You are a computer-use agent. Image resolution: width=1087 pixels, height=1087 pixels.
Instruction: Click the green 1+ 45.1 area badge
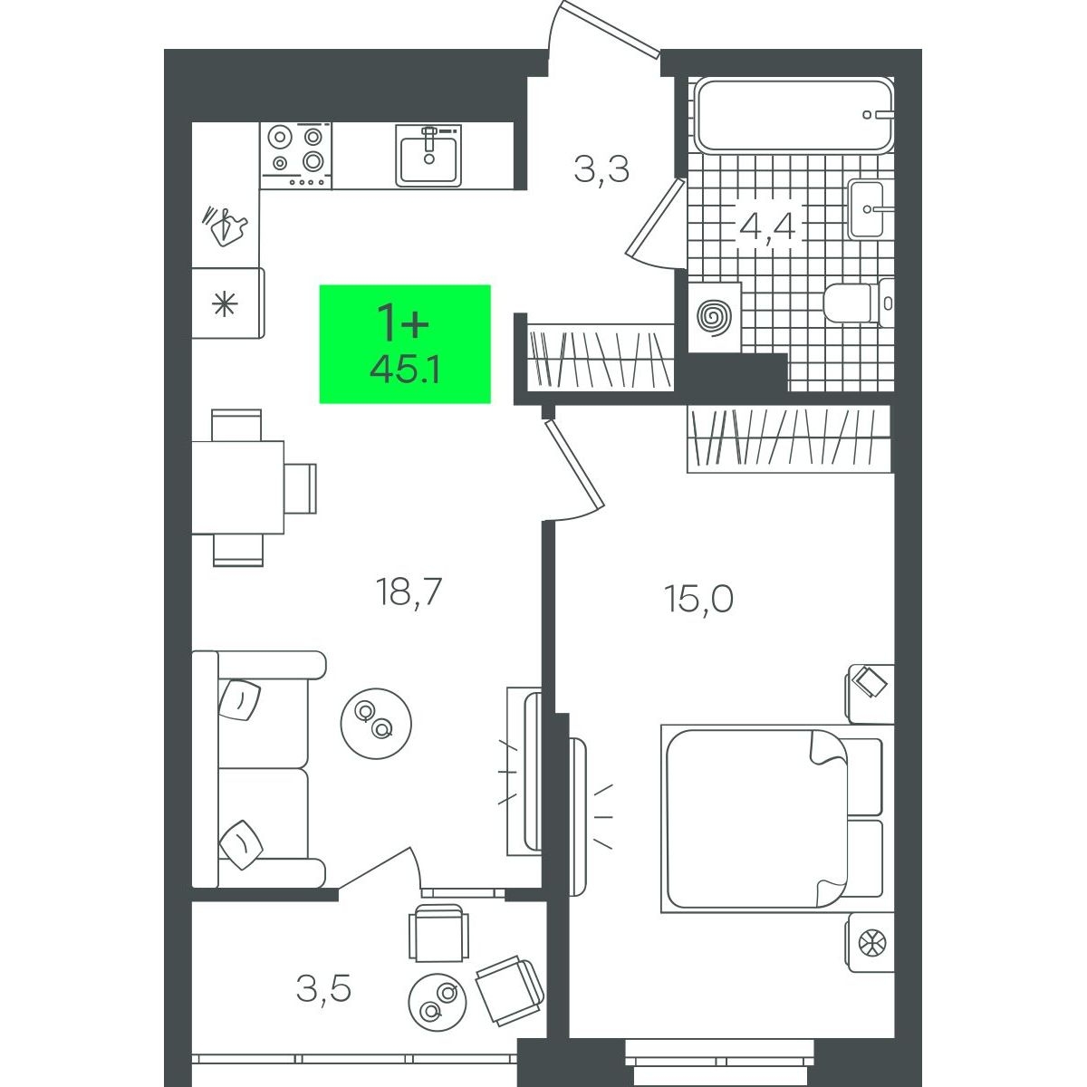click(404, 343)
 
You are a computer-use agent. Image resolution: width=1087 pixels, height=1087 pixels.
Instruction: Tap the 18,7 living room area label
click(408, 594)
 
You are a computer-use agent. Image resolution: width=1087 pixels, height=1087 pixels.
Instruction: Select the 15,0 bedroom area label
click(699, 599)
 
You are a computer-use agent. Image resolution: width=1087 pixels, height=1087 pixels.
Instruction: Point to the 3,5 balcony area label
click(323, 990)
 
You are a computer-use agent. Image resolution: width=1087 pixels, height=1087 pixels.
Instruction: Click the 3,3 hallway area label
click(601, 169)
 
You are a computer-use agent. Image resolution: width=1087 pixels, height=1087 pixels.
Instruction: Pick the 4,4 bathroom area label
click(767, 226)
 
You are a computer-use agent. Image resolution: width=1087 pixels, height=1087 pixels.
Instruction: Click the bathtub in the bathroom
click(794, 114)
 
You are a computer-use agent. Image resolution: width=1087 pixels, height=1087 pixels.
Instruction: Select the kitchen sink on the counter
click(428, 155)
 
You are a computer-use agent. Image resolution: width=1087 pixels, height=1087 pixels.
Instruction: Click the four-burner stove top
click(295, 155)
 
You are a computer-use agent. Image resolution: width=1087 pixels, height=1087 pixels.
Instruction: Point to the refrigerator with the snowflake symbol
click(227, 303)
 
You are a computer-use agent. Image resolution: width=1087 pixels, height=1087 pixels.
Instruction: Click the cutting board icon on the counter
click(225, 226)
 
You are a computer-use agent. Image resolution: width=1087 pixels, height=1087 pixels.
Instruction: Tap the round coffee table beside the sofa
click(376, 723)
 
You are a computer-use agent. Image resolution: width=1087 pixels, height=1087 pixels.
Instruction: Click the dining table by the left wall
click(237, 487)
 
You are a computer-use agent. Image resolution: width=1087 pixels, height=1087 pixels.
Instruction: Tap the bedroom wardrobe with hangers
click(790, 438)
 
